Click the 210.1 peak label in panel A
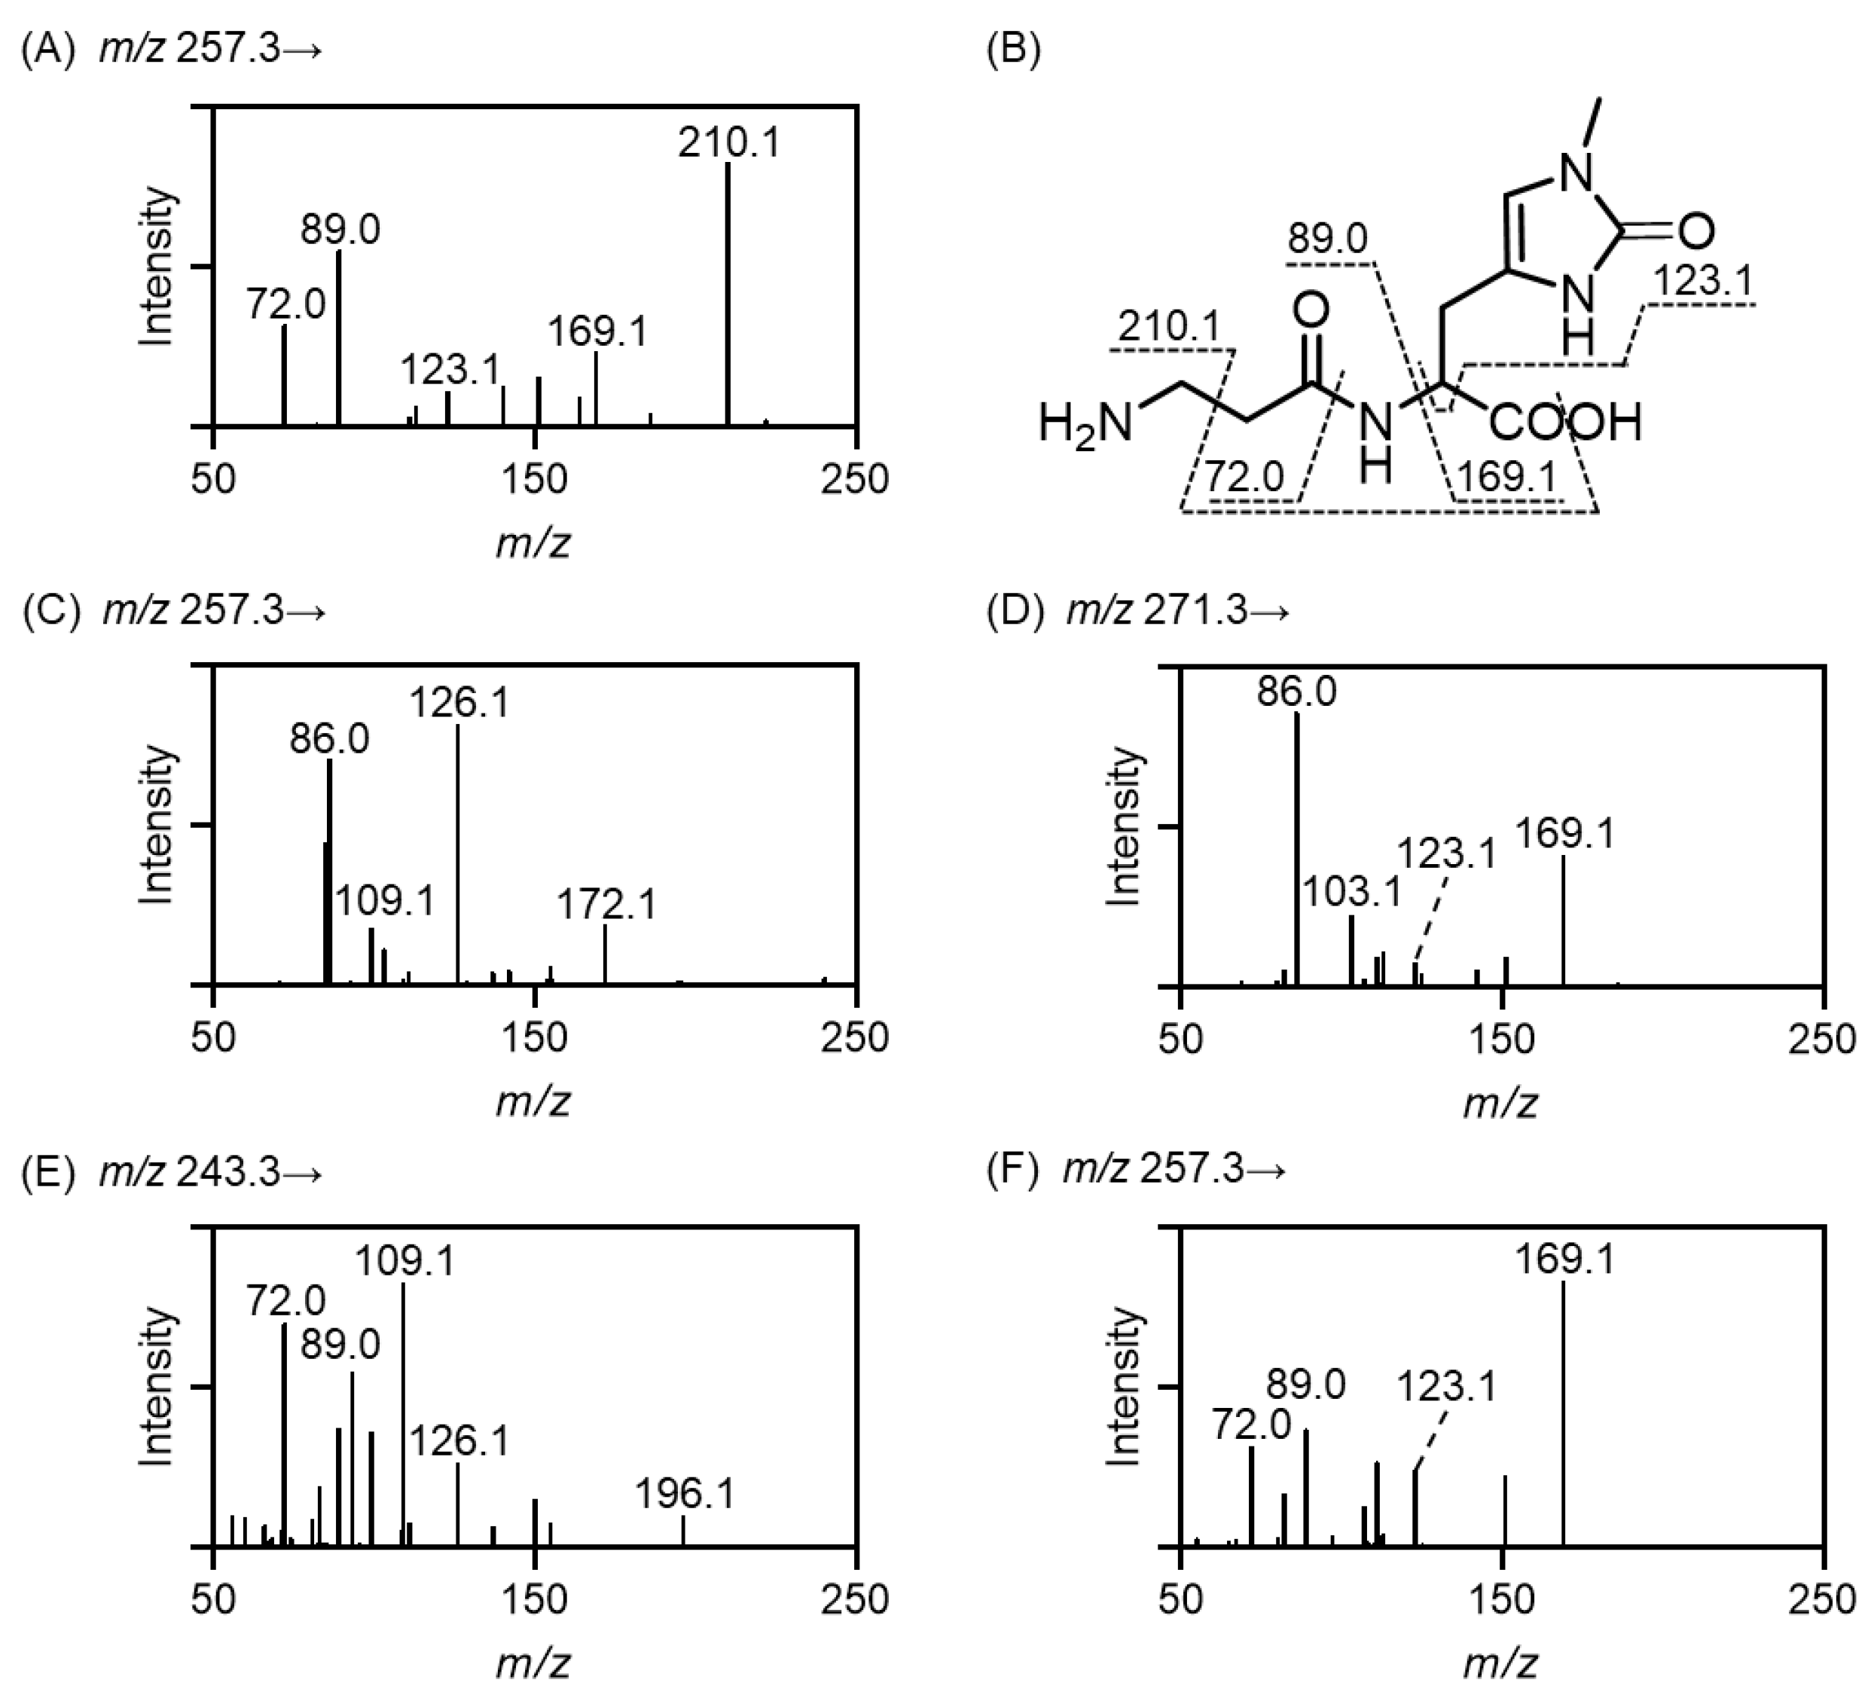729,143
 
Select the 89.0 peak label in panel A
340,231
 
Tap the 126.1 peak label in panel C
459,703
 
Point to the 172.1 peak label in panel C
606,904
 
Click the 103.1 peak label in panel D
1351,893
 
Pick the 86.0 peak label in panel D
1297,692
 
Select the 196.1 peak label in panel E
685,1494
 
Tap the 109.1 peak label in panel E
405,1262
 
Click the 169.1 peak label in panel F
1564,1260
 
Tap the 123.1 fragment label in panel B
1703,282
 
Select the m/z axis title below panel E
533,1663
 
